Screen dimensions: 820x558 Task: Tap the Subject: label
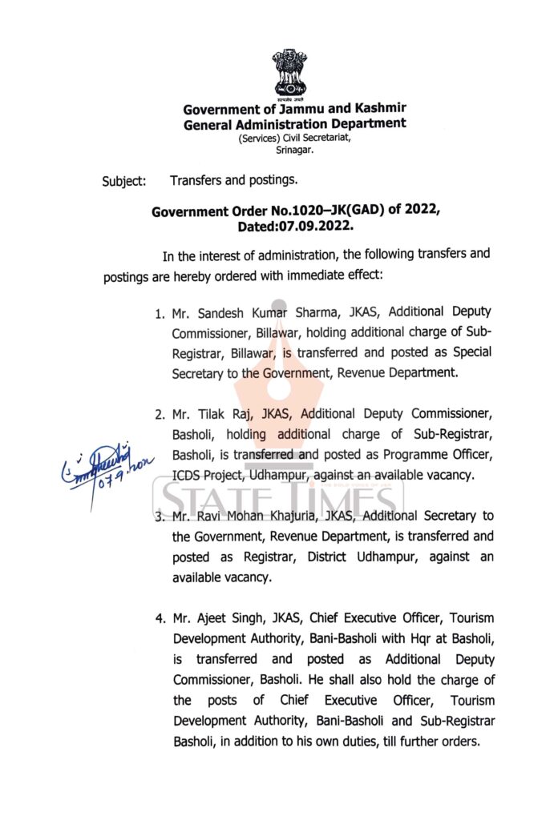click(x=123, y=182)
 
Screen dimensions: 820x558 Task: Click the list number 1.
click(x=160, y=312)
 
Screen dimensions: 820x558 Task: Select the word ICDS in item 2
click(x=188, y=475)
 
